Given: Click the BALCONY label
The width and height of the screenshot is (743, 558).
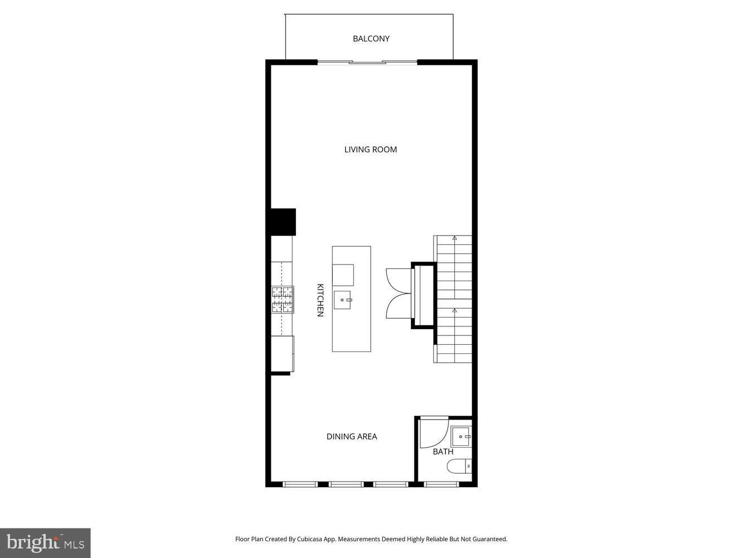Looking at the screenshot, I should (371, 39).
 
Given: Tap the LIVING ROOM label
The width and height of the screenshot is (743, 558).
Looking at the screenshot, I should (370, 150).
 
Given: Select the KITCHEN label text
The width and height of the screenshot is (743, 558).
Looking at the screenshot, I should (320, 300).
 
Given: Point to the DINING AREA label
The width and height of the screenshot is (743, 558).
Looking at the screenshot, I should (352, 436).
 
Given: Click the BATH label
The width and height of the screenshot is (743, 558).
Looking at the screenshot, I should (443, 451).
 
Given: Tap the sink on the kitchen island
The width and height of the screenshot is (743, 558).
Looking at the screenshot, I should (343, 300).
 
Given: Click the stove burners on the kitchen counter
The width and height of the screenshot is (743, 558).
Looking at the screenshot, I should (282, 300).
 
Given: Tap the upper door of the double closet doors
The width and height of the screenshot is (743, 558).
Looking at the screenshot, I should (397, 280).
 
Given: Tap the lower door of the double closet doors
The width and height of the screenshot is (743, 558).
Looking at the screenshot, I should (397, 306).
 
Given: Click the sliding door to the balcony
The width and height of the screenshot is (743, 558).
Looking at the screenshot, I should (367, 62).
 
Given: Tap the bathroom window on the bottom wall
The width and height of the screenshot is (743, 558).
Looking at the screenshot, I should (442, 484).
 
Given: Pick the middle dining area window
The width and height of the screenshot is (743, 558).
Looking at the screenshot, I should (346, 484).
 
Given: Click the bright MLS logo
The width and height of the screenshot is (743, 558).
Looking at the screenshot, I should (45, 542).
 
